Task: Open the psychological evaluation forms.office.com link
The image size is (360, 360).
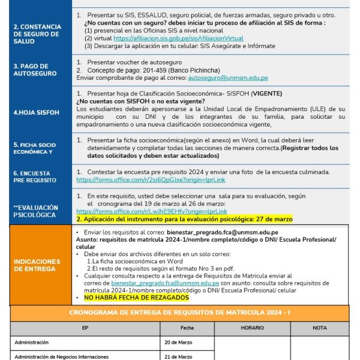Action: coord(152,211)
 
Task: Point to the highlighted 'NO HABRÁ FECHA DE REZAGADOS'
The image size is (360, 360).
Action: coord(136,298)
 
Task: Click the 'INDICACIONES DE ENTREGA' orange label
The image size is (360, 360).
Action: coord(37,265)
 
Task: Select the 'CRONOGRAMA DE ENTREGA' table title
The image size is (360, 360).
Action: coord(179,313)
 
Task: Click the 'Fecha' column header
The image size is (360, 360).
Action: coord(187,328)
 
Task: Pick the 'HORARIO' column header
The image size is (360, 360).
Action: coord(252,328)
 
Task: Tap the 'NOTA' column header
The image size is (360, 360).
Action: coord(320,328)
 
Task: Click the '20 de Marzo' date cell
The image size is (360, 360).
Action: coord(179,342)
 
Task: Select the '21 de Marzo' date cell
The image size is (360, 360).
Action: coord(179,356)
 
